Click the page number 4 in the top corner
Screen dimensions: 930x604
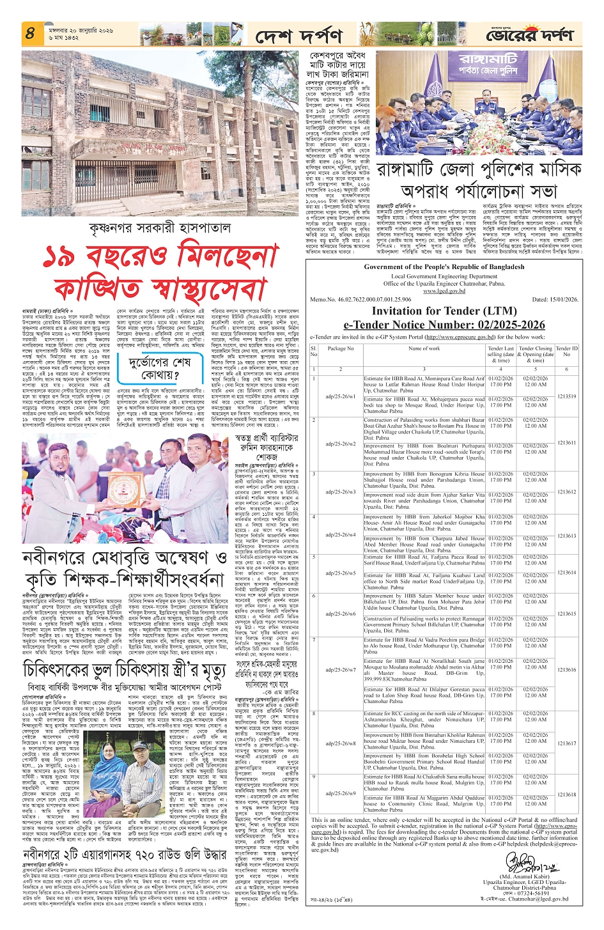30,33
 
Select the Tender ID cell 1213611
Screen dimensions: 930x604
566,442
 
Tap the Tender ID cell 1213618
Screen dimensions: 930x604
566,794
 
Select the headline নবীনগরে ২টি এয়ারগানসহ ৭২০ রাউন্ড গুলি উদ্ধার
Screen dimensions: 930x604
124,854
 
